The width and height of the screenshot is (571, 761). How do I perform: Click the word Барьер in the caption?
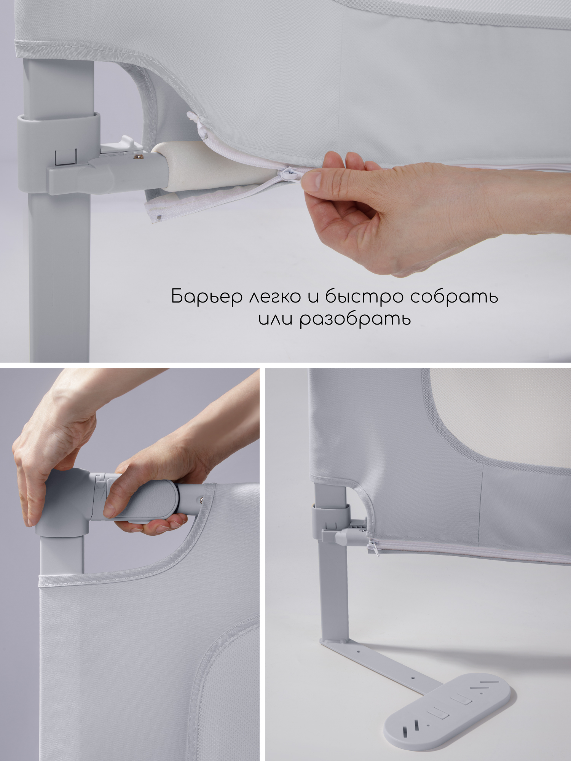point(206,296)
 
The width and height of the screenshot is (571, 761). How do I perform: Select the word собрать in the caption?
point(454,296)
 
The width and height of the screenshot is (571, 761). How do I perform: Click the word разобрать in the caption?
point(355,319)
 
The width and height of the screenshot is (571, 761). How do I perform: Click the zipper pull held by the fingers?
point(286,175)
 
